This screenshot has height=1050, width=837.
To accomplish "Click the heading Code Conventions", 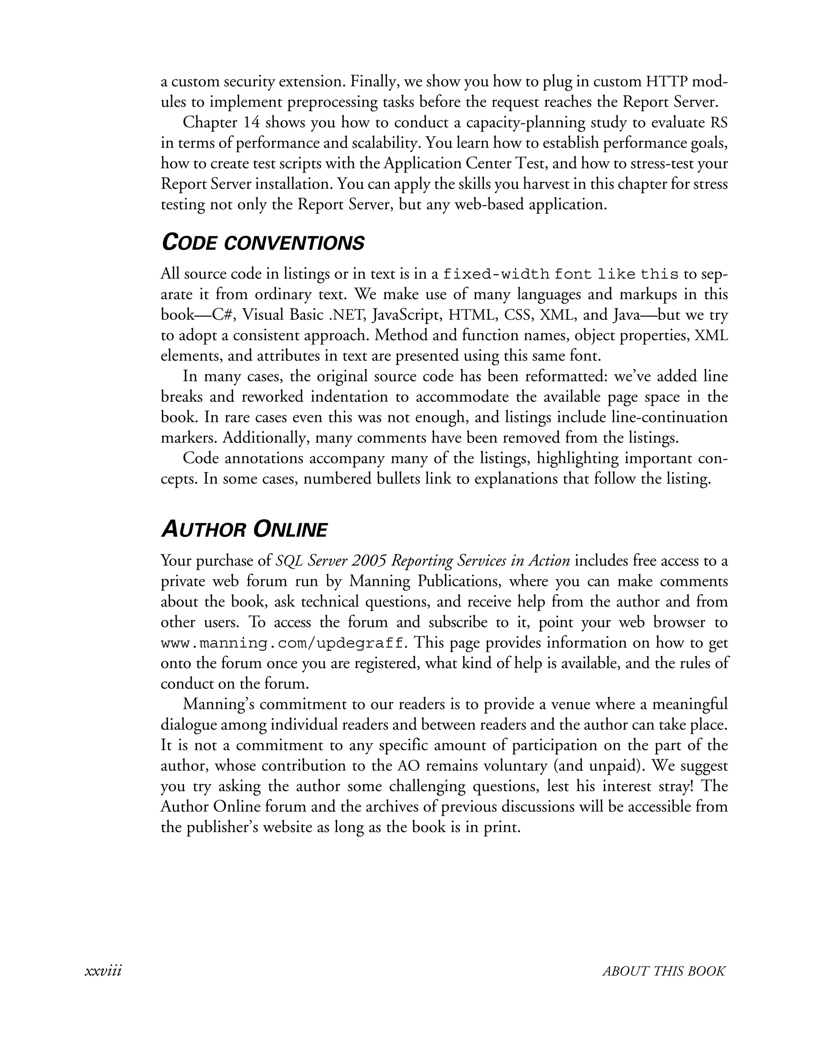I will coord(262,242).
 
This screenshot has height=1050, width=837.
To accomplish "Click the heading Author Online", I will coord(244,530).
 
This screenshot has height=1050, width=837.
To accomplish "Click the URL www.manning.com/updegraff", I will coord(282,644).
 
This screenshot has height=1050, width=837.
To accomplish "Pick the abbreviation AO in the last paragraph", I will coord(409,766).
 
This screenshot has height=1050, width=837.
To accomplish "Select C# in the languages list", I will coord(224,315).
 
